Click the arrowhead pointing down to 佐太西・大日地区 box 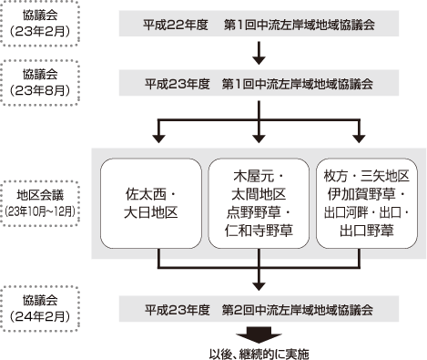(x=158, y=138)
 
